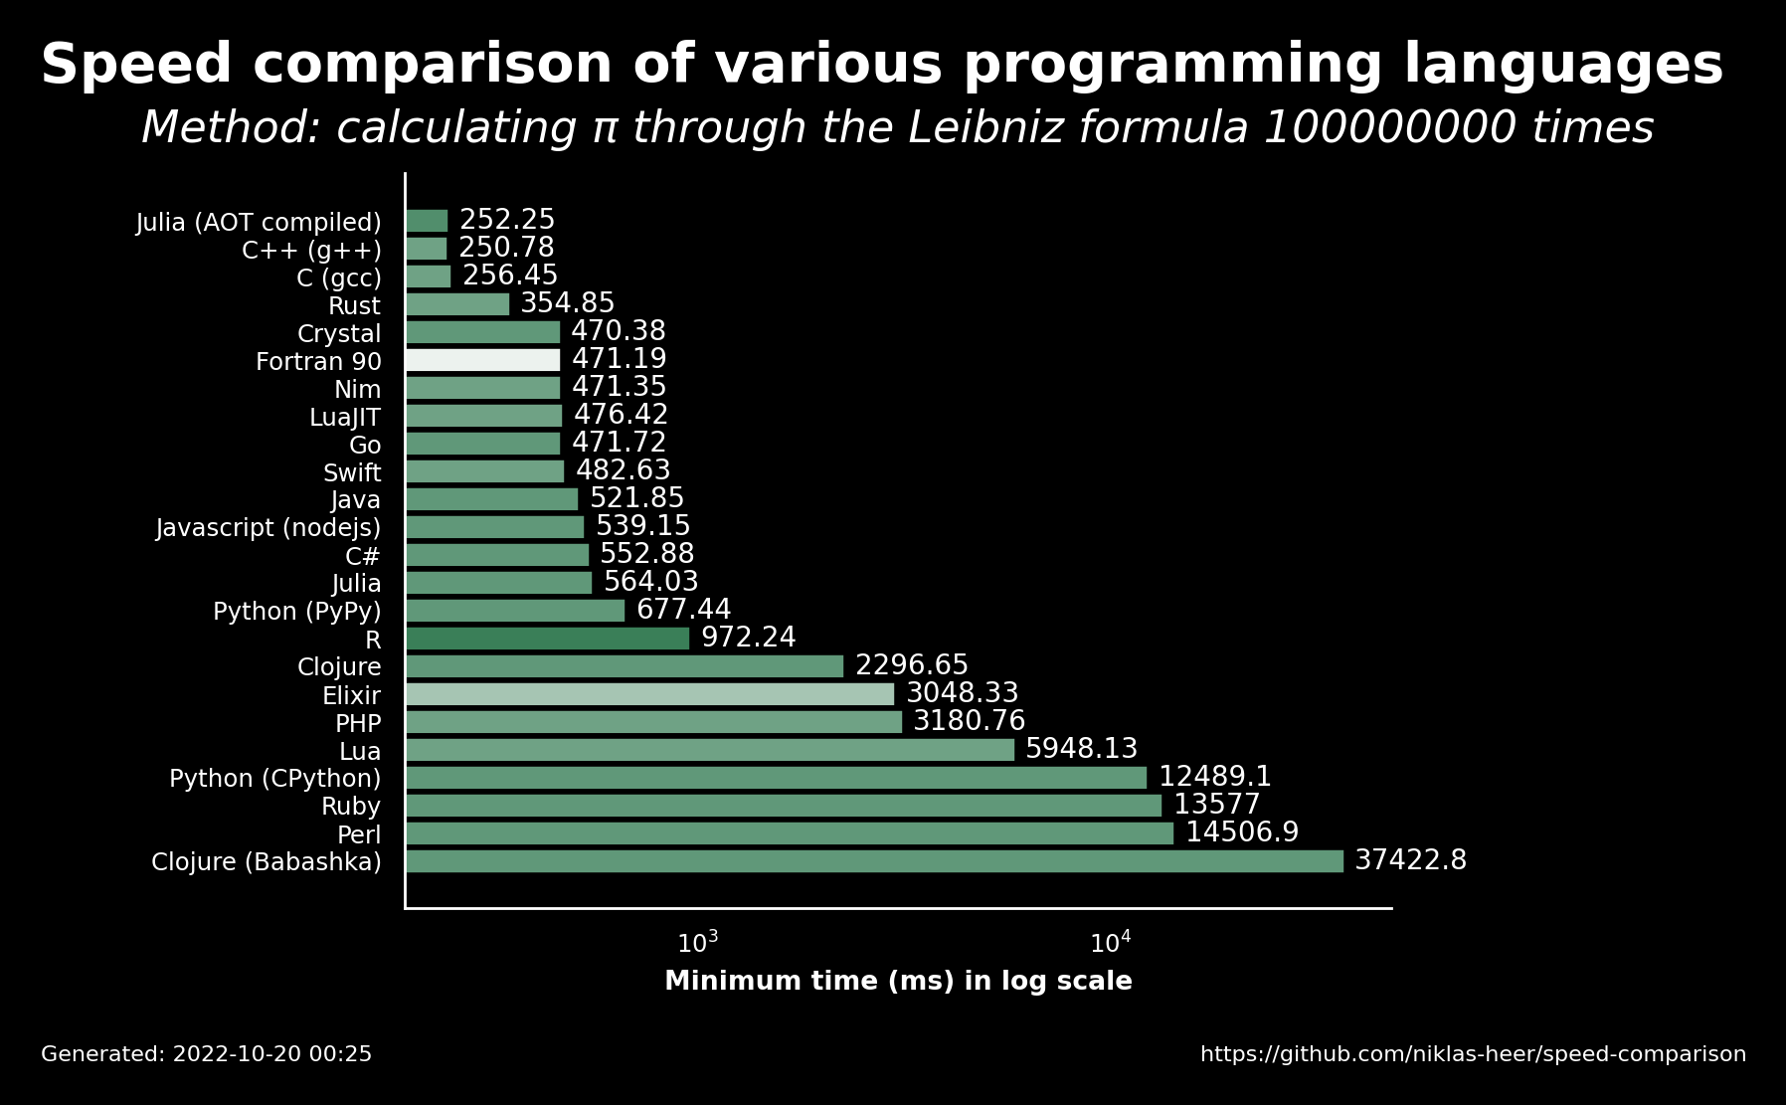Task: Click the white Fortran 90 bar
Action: point(483,360)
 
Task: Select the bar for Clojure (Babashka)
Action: point(874,861)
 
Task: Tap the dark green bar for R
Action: point(547,639)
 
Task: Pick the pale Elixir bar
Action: point(649,694)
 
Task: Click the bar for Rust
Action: point(457,304)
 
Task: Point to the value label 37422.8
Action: point(1411,861)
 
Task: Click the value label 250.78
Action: point(506,249)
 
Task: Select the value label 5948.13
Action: point(1082,750)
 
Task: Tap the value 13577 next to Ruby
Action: point(1217,806)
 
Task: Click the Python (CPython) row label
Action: point(275,779)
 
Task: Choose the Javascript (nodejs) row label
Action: point(268,528)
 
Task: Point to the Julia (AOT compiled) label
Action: point(259,223)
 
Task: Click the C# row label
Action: point(363,556)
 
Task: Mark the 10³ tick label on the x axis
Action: point(697,942)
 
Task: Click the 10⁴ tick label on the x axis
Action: point(1110,942)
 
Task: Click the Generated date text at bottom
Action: point(207,1054)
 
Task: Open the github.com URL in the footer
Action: point(1473,1054)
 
